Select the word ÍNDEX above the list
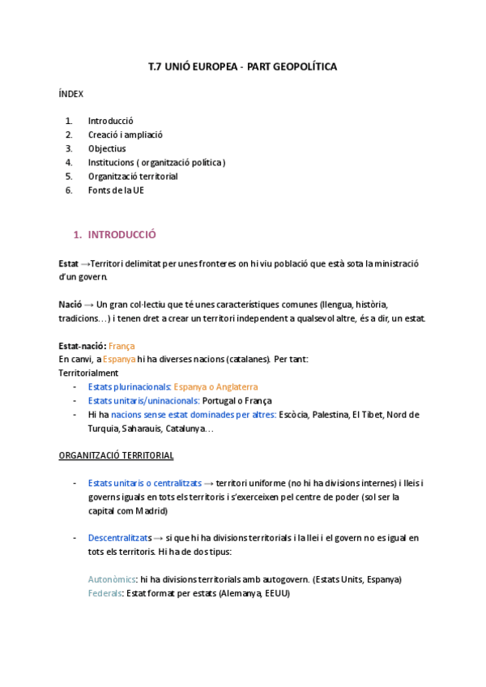click(x=71, y=94)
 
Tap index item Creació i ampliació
click(x=126, y=134)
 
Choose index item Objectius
click(x=107, y=148)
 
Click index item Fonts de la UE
click(x=116, y=190)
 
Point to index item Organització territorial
click(x=133, y=176)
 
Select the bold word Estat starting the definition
click(x=69, y=263)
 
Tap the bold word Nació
click(x=70, y=304)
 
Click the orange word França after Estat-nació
click(x=122, y=345)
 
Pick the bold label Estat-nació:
click(x=82, y=345)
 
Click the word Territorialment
click(x=89, y=373)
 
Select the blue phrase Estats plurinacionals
click(x=129, y=386)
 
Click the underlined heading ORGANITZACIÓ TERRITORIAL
click(x=116, y=455)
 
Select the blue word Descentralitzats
click(x=120, y=538)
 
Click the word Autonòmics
click(x=112, y=579)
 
